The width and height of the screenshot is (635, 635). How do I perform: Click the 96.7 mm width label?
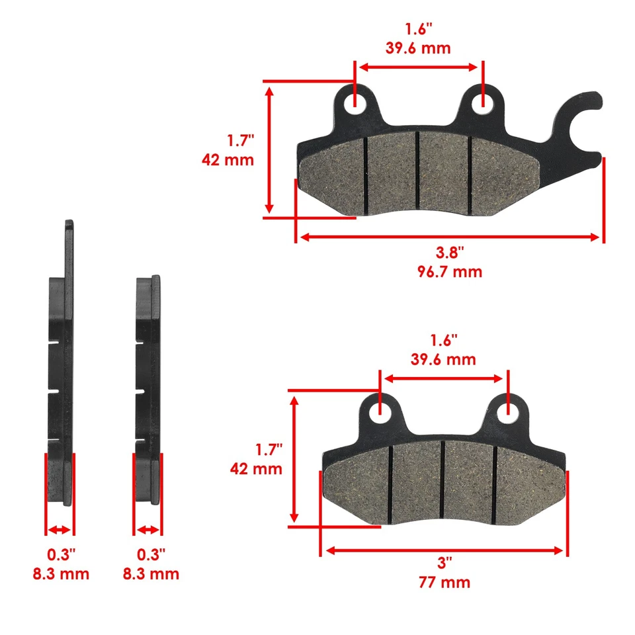(x=450, y=271)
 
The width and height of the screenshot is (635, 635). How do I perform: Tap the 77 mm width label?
(x=444, y=583)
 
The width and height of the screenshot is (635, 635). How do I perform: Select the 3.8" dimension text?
(x=450, y=252)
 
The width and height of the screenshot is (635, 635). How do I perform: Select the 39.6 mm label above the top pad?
(x=418, y=48)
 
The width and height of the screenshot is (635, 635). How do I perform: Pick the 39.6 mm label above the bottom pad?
(x=443, y=360)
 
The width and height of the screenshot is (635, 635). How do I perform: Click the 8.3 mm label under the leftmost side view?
(x=60, y=573)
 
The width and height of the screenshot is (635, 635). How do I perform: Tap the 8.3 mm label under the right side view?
(x=150, y=573)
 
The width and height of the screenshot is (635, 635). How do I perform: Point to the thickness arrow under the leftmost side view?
(x=60, y=530)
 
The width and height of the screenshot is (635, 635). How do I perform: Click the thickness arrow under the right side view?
(x=148, y=530)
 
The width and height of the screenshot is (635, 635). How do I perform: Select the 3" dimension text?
(x=444, y=564)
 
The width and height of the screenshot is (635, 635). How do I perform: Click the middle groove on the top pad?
(x=418, y=172)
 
